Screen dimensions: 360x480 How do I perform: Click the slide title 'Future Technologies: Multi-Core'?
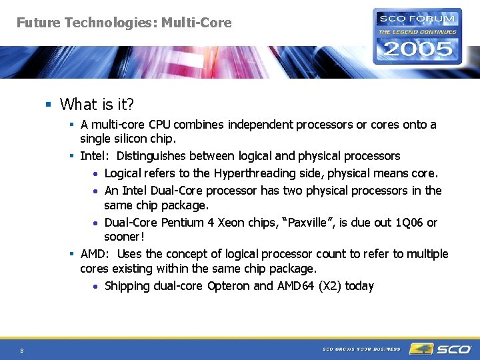point(124,23)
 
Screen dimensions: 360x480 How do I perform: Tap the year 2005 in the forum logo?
point(417,49)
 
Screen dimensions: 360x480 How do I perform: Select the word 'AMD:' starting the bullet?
point(95,254)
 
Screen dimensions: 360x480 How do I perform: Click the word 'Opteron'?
point(229,286)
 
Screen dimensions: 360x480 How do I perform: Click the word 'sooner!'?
point(124,237)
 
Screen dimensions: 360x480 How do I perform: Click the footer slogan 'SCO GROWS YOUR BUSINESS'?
point(361,349)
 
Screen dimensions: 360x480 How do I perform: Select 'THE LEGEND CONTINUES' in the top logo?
point(417,31)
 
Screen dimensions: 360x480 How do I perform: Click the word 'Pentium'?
point(183,223)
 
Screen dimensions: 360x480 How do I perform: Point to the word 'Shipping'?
point(127,286)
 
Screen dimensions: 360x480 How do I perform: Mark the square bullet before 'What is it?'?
point(49,104)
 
